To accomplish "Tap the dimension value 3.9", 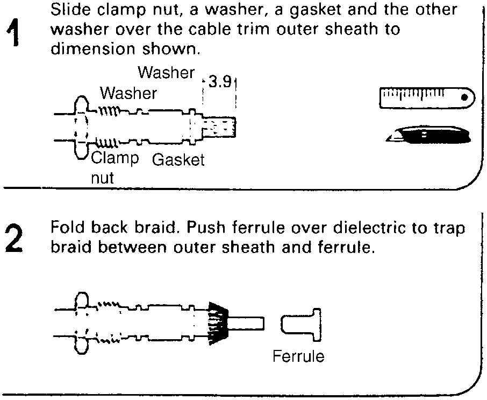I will (x=219, y=82).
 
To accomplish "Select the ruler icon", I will (x=427, y=97).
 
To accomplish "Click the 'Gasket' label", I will (x=178, y=160).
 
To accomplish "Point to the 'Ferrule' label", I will (x=298, y=356).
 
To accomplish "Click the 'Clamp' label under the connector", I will (x=115, y=158).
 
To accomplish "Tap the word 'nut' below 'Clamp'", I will (x=102, y=177).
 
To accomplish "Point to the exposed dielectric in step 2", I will (x=247, y=323).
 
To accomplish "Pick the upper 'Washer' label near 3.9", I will (x=166, y=73).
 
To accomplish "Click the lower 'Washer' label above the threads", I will (x=128, y=94).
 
